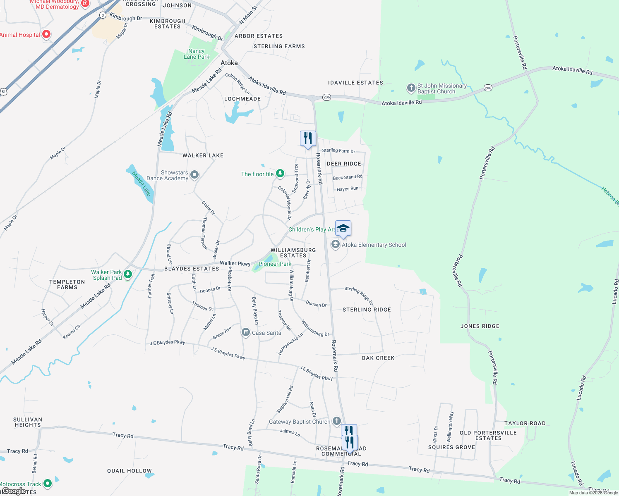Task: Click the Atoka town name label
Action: [229, 63]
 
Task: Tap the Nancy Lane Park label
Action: [197, 54]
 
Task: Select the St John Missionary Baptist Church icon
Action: [411, 88]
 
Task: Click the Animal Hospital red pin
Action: [46, 34]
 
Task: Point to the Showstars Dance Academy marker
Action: [194, 175]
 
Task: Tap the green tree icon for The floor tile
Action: [280, 174]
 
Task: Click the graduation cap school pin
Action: [343, 229]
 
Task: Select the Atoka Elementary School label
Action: [374, 245]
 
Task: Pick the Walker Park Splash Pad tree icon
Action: [128, 274]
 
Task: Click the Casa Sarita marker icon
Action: [246, 332]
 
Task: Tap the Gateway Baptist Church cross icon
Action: [336, 421]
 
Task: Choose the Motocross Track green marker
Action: [48, 483]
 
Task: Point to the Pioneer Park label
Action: [275, 264]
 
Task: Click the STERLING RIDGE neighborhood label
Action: [367, 310]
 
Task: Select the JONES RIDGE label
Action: [480, 326]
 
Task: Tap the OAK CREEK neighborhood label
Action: [378, 358]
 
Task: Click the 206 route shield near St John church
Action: [488, 88]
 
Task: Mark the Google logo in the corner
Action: [14, 491]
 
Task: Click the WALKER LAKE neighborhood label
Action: [203, 155]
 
